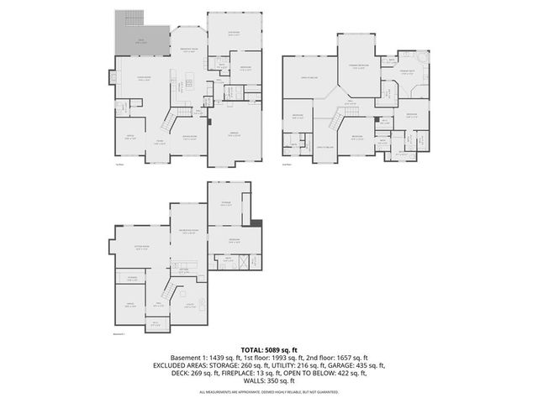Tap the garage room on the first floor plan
(x=234, y=134)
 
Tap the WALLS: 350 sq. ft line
(x=269, y=383)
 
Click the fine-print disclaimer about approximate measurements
(x=269, y=393)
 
